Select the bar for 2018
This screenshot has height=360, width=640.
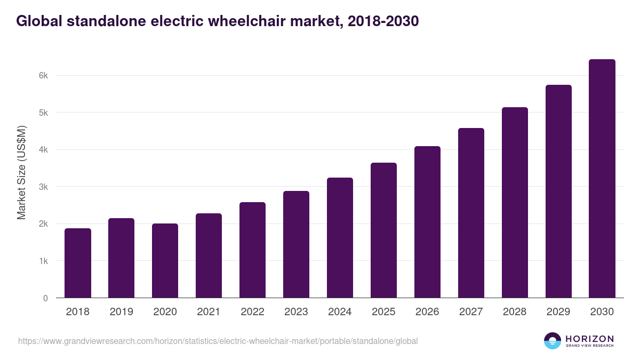tap(78, 263)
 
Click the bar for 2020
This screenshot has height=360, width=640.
tap(165, 261)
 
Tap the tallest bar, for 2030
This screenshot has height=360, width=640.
tap(602, 179)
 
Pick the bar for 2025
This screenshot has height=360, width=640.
tap(384, 230)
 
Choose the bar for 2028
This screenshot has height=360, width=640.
tap(515, 203)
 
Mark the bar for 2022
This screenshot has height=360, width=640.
tap(252, 250)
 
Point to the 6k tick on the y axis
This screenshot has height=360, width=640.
tap(43, 76)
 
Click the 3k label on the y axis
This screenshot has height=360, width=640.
tap(43, 187)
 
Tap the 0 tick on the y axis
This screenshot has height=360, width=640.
tap(45, 298)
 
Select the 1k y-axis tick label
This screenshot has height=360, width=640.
tap(43, 261)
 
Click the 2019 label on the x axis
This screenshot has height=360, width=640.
tap(122, 312)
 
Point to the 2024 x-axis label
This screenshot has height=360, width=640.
tap(340, 312)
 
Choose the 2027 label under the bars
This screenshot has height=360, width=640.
tap(471, 312)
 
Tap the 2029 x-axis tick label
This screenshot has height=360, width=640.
tap(558, 312)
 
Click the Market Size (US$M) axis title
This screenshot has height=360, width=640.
tap(21, 172)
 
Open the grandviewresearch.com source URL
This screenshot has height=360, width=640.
tap(218, 341)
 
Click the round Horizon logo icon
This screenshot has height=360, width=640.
tap(553, 341)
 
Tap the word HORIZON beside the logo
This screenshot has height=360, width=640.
tap(589, 338)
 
